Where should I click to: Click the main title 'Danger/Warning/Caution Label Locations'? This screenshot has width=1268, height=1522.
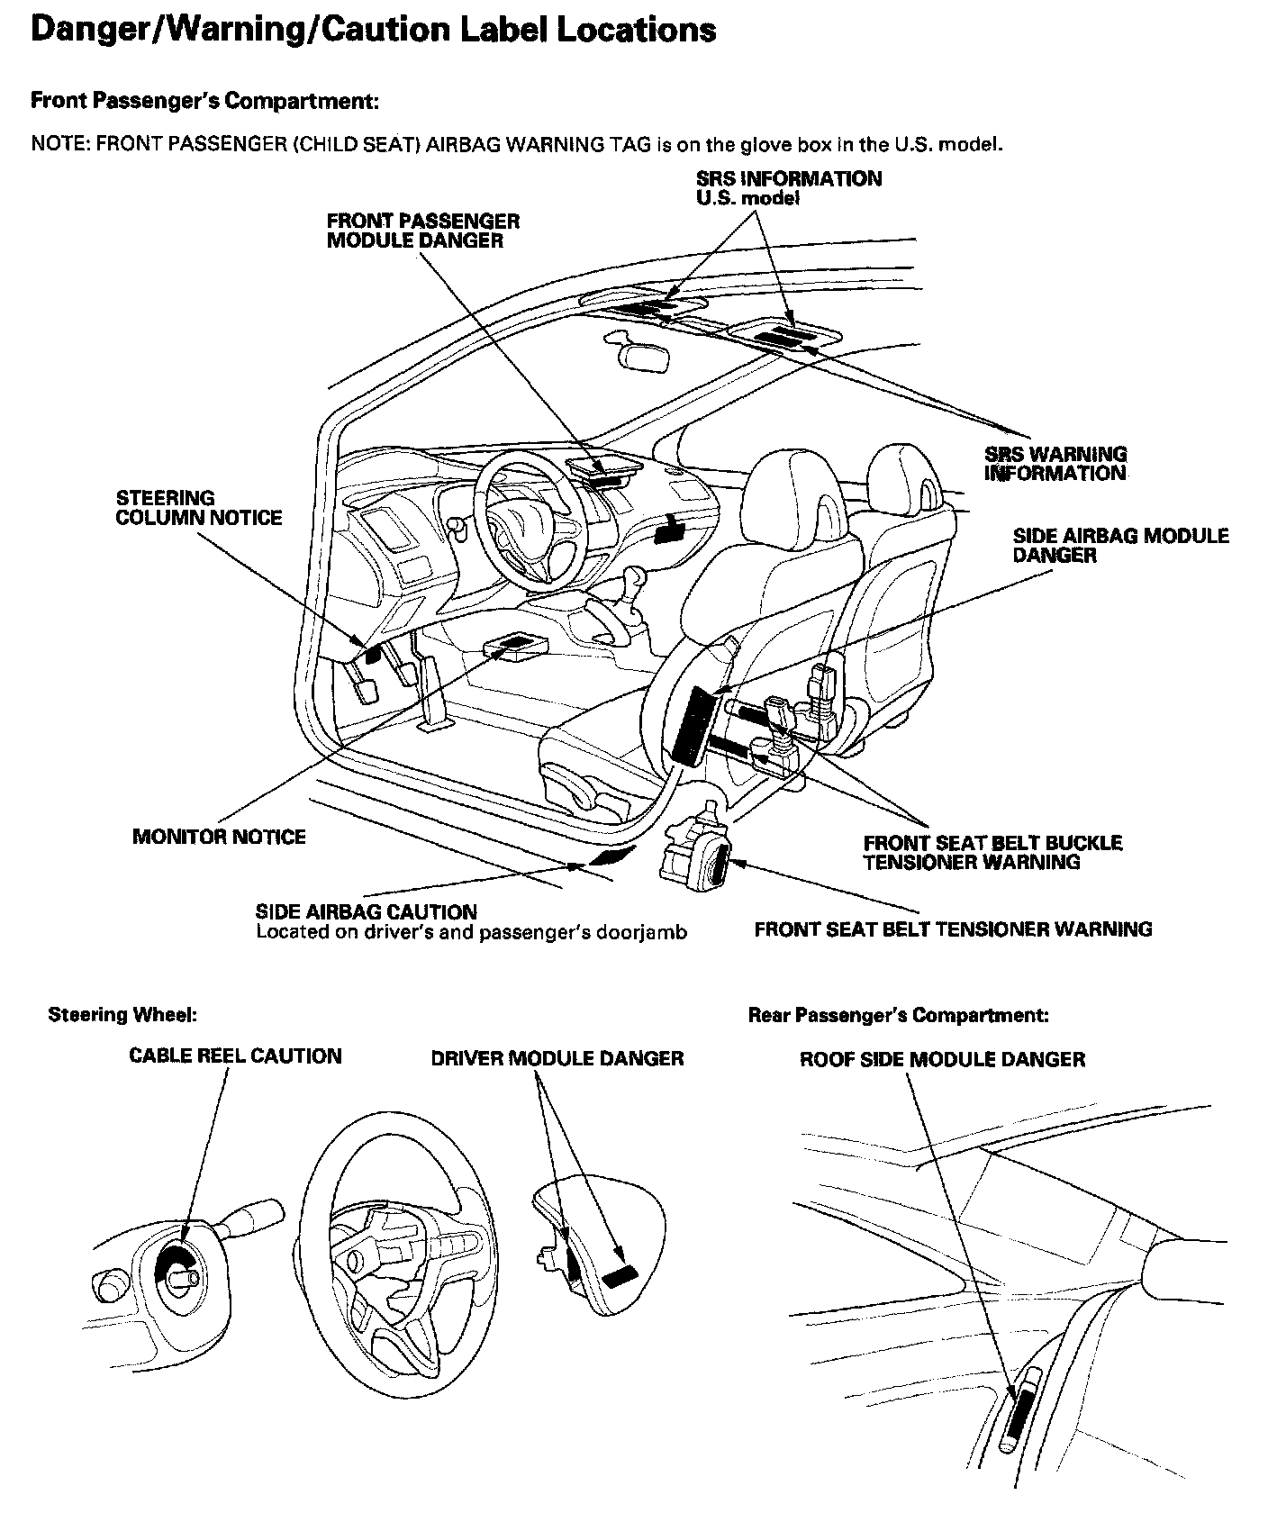(x=373, y=30)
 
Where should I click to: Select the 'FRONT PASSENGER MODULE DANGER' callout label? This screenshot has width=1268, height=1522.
(x=422, y=231)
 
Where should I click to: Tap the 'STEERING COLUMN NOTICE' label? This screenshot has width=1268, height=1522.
(x=198, y=508)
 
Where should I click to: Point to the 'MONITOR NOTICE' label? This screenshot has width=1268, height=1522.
(x=219, y=837)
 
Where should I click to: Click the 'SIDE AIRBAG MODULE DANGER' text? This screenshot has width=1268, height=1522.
(x=1120, y=546)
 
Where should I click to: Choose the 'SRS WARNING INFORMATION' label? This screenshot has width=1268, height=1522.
(x=1055, y=464)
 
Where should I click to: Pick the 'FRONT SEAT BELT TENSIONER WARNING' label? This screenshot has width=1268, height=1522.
(x=953, y=929)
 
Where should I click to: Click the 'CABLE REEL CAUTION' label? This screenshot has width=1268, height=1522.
(x=235, y=1055)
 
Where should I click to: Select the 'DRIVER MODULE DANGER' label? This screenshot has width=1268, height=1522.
(x=557, y=1058)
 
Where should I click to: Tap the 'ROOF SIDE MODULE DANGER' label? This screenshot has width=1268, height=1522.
(x=942, y=1059)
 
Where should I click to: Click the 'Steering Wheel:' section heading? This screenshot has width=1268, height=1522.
(x=122, y=1015)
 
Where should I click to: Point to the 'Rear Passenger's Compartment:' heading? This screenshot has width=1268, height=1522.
(x=898, y=1015)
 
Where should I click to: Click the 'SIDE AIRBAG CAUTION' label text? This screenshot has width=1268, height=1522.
(x=366, y=911)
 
